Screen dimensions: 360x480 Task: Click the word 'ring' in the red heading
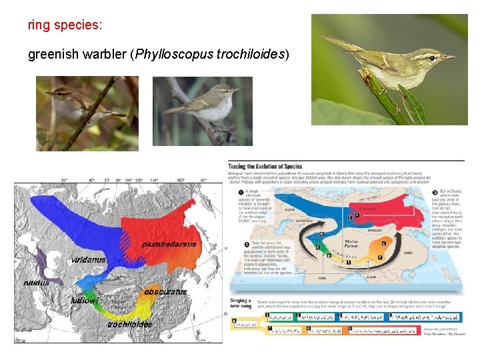tap(37, 25)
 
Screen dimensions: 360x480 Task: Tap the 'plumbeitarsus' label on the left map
tap(169, 244)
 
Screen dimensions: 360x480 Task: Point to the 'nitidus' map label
tap(36, 283)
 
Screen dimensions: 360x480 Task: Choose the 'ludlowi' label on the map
tap(85, 301)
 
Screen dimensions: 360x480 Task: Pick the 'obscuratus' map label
tap(165, 292)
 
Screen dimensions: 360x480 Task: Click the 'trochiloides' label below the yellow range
tap(130, 325)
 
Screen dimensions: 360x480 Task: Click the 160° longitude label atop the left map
tap(180, 180)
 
